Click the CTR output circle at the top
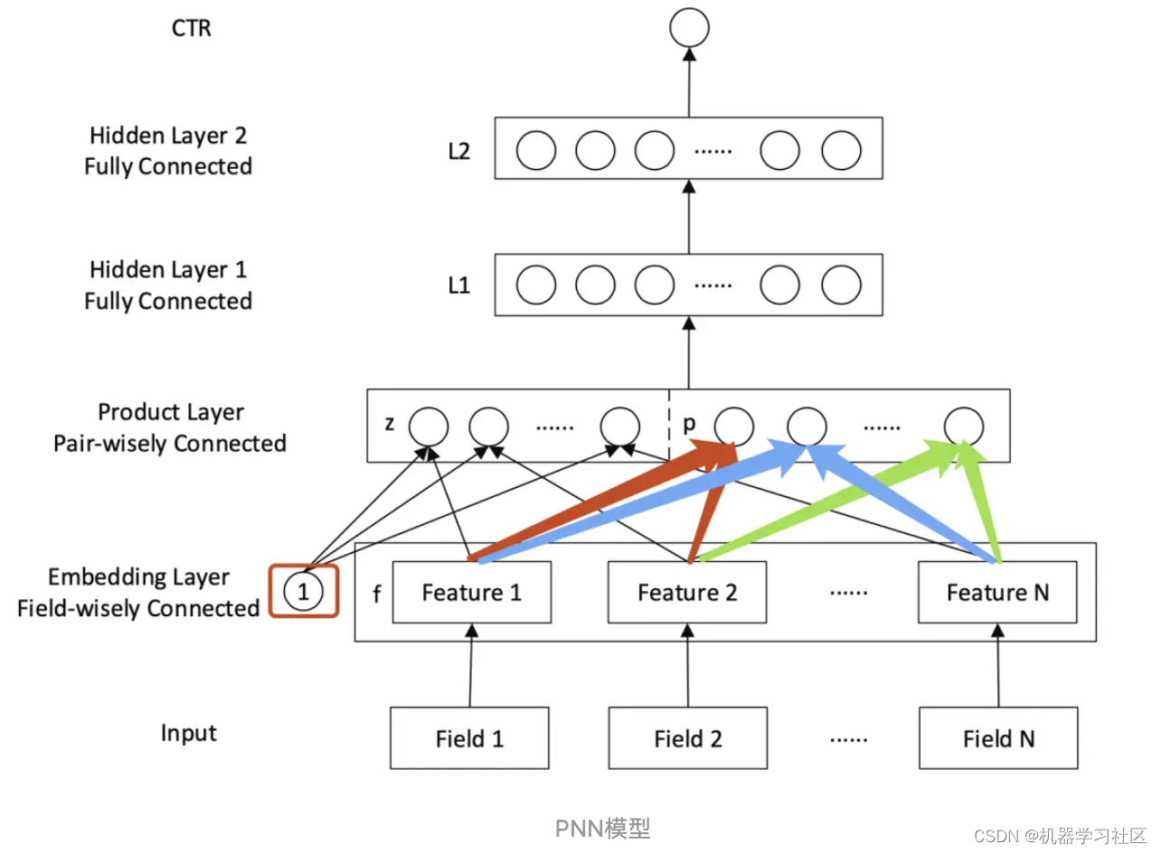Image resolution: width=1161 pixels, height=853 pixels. coord(689,29)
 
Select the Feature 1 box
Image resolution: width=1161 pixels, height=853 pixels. coord(471,593)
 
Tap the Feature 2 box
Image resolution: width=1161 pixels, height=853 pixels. coord(687,593)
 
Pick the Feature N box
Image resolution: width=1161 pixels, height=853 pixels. coord(997,593)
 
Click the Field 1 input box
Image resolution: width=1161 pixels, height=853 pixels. coord(469,738)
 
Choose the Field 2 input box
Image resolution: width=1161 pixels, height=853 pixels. coord(687,738)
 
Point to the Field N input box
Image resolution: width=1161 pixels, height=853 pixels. coord(998,738)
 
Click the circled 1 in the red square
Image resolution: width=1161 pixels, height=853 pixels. coord(304,592)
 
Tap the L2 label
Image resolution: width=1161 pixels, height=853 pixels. coord(459,151)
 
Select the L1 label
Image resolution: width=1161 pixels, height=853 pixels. coord(459,286)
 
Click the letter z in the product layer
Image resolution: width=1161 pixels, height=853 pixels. coord(390,424)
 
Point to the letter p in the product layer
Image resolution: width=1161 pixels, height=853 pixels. coord(690,423)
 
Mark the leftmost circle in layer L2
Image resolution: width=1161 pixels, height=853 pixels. coord(535,151)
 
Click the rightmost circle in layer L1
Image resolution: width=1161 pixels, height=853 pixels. coord(841,286)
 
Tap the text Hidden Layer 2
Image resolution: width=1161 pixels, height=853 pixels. coord(168,136)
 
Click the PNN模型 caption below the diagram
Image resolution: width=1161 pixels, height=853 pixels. coord(602,828)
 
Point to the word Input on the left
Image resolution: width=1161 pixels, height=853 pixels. coord(189,733)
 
